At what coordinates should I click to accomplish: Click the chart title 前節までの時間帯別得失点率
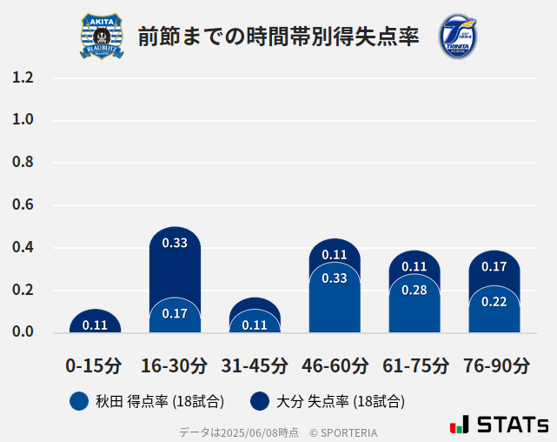click(278, 36)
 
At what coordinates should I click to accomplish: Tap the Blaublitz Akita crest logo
click(102, 36)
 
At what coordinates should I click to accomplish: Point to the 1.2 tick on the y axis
click(23, 77)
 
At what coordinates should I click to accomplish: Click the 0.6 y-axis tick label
click(23, 205)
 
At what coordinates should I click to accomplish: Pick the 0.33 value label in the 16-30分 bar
click(175, 243)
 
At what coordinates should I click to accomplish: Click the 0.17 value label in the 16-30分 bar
click(175, 313)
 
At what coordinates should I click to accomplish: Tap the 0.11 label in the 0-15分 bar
click(95, 325)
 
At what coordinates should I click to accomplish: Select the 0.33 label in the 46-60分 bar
click(335, 278)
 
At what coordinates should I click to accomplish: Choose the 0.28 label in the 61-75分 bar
click(414, 290)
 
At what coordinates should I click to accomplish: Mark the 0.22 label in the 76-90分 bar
click(494, 301)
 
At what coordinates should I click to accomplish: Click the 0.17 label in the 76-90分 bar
click(494, 266)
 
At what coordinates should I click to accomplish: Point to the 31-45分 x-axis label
click(255, 365)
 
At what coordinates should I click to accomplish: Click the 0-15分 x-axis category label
click(94, 365)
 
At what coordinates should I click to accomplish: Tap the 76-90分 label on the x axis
click(495, 365)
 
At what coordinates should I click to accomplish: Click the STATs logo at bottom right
click(499, 425)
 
